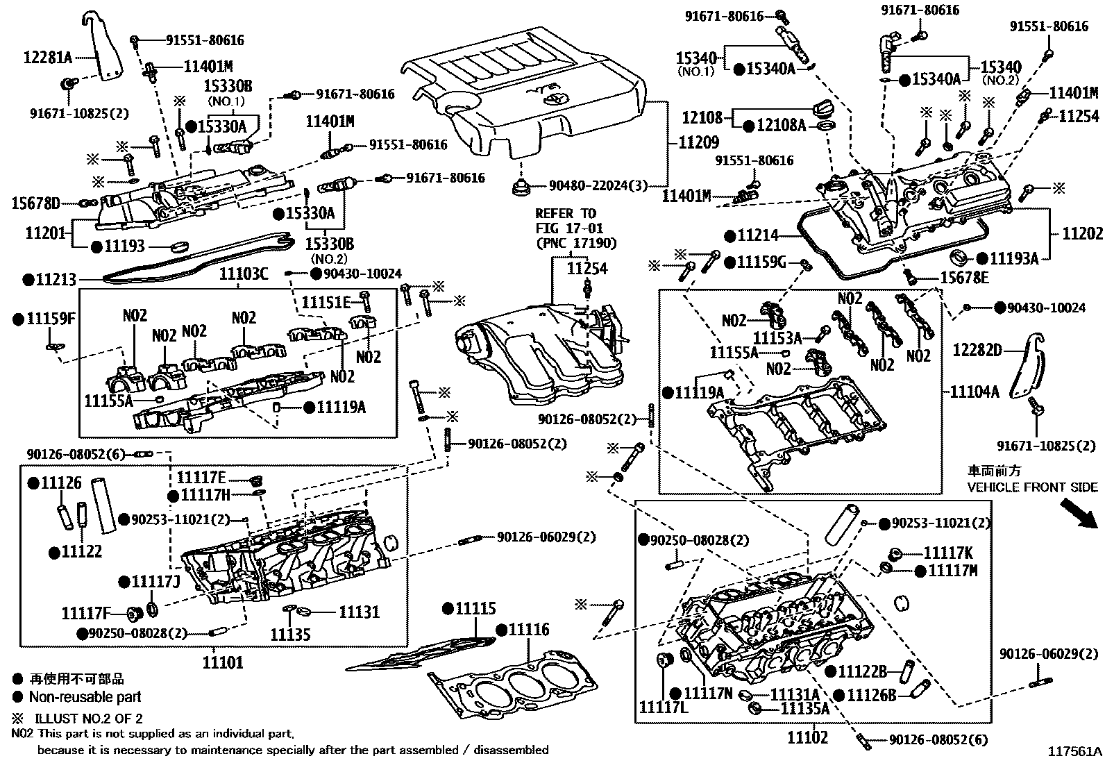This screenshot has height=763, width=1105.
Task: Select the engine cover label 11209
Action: click(698, 144)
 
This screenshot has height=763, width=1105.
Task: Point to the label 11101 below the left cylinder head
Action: click(223, 662)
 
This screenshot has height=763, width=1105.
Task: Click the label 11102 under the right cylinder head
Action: click(807, 737)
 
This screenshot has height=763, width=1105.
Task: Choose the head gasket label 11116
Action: click(528, 630)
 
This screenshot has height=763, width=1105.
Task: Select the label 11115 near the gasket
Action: click(475, 609)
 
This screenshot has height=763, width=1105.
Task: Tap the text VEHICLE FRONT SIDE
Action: click(1033, 487)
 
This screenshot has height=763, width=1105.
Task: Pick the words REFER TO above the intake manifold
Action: click(565, 213)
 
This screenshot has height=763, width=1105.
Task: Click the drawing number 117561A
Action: click(1074, 751)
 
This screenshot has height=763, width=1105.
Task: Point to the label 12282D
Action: click(977, 350)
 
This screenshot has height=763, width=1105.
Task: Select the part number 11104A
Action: click(975, 392)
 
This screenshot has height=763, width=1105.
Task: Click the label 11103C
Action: click(244, 274)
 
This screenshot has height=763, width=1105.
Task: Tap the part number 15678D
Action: click(35, 203)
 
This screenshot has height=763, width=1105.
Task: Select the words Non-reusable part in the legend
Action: click(85, 697)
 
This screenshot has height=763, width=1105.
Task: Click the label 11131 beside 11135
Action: click(359, 612)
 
